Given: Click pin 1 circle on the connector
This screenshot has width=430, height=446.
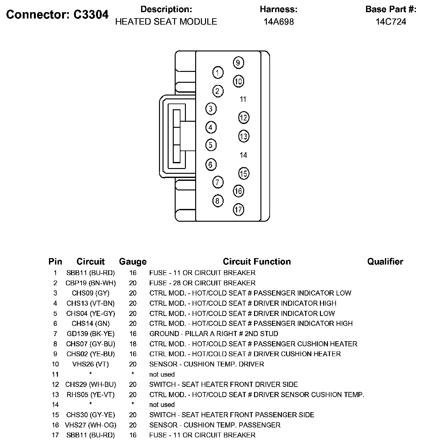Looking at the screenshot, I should (218, 73).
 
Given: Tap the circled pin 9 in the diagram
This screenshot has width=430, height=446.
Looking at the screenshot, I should (238, 63).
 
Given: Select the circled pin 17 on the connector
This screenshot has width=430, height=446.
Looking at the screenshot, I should (238, 210).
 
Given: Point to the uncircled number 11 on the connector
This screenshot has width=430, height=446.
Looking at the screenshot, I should (243, 99).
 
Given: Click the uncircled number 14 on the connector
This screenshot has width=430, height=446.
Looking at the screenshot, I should (243, 155).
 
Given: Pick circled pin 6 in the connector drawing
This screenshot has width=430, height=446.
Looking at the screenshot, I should (211, 165).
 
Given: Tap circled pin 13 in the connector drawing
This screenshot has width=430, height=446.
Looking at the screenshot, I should (243, 136).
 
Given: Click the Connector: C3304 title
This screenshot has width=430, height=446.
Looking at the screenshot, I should (58, 14).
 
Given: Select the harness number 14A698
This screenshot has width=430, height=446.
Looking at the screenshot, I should (279, 22).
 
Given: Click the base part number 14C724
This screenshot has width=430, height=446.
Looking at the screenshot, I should (391, 22).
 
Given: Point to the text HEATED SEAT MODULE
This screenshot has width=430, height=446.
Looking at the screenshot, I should (166, 22).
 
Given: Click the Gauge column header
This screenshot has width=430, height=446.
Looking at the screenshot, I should (133, 262).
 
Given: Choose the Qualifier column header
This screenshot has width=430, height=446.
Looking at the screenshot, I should (385, 262).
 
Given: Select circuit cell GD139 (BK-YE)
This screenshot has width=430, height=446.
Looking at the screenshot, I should (91, 334).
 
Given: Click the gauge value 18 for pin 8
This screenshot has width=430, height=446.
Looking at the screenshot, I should (133, 344).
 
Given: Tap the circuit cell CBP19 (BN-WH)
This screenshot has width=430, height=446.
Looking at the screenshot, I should (91, 283).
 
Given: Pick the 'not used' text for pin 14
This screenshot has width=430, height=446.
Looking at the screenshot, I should (162, 405).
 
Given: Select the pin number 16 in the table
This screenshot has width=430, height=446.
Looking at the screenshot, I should (55, 425).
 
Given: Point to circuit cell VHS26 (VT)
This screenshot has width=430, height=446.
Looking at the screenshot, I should (91, 364).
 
